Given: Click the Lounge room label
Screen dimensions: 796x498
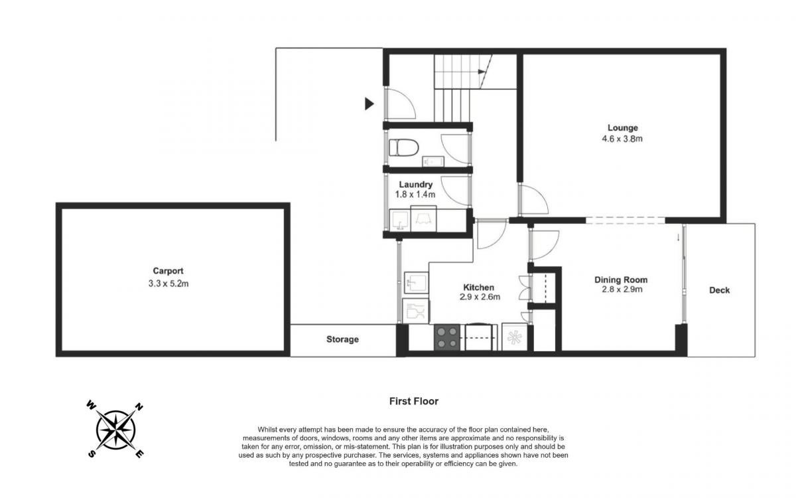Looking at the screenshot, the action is pyautogui.click(x=623, y=127).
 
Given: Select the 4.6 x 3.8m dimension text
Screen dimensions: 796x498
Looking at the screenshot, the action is pyautogui.click(x=622, y=139).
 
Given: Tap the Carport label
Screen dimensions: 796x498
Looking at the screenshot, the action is pyautogui.click(x=168, y=271).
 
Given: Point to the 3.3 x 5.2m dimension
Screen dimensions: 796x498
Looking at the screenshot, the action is pyautogui.click(x=168, y=284).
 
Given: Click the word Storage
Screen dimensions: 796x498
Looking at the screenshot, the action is pyautogui.click(x=342, y=339).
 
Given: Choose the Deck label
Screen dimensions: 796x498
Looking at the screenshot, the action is pyautogui.click(x=719, y=290).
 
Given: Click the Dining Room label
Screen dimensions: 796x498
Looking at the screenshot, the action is pyautogui.click(x=621, y=280).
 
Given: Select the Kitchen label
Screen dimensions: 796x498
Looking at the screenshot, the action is pyautogui.click(x=479, y=287).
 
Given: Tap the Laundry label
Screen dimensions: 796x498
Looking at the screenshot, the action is pyautogui.click(x=415, y=185).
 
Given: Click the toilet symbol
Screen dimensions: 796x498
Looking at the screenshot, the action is pyautogui.click(x=404, y=147).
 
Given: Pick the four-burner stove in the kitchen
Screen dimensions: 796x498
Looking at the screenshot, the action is pyautogui.click(x=447, y=337).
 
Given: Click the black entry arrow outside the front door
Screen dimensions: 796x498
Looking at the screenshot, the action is pyautogui.click(x=369, y=104).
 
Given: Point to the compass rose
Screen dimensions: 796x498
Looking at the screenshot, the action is pyautogui.click(x=115, y=430).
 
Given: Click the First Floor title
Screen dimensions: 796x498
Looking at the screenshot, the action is pyautogui.click(x=414, y=401).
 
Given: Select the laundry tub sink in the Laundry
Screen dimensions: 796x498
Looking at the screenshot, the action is pyautogui.click(x=400, y=220).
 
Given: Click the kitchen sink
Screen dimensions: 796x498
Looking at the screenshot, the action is pyautogui.click(x=416, y=282).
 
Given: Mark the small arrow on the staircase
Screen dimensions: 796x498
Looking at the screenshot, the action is pyautogui.click(x=482, y=72).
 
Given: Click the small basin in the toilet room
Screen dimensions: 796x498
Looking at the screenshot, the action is pyautogui.click(x=433, y=161).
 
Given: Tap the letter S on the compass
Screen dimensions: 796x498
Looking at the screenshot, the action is pyautogui.click(x=92, y=454).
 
